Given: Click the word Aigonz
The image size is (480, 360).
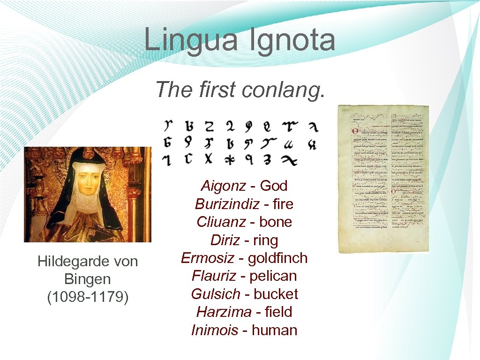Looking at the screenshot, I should (x=223, y=186).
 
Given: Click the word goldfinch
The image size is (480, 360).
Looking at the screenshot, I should (x=277, y=258).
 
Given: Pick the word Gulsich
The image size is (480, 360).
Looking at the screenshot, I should (x=215, y=294).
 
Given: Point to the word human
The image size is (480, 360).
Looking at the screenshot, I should (x=275, y=330).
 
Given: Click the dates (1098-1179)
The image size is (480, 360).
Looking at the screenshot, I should (x=88, y=297).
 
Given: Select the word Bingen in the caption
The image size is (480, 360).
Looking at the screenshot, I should (x=87, y=279).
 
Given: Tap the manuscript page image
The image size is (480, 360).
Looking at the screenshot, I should (x=383, y=179).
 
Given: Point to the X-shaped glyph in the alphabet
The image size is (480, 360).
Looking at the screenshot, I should (x=208, y=159).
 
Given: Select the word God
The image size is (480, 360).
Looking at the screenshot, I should (x=273, y=186).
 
